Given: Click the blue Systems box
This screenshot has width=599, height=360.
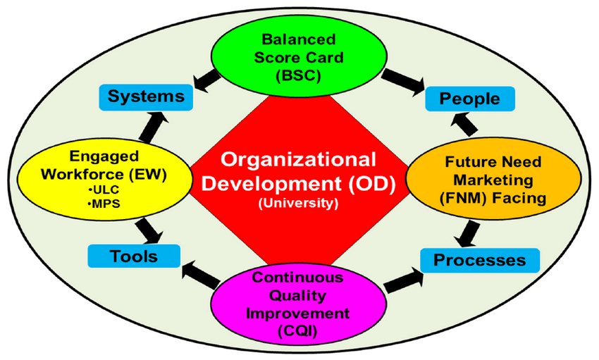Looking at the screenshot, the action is [146, 98].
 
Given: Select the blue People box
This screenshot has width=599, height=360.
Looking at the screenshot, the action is [470, 99].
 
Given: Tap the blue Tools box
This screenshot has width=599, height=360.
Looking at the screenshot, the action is [134, 256].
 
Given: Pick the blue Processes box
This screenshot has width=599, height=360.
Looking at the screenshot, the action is [480, 261].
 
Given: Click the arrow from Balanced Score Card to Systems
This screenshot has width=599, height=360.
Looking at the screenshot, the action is [207, 81].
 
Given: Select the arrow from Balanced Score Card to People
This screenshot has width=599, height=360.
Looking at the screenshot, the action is [403, 81].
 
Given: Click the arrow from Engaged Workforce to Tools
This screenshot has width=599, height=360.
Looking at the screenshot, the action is [149, 230].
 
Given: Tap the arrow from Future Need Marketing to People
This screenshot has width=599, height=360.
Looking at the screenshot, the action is [464, 124].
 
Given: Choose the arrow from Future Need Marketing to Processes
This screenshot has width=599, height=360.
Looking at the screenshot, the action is [468, 234].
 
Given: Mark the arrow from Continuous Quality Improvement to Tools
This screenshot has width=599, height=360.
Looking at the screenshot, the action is [201, 275].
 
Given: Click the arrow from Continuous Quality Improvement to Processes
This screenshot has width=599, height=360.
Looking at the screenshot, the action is [404, 280].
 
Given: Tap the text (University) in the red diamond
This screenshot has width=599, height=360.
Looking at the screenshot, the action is [298, 203].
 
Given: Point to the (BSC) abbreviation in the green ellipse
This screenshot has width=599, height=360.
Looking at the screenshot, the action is [298, 75].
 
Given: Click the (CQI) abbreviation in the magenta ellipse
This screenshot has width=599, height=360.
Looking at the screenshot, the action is [298, 330].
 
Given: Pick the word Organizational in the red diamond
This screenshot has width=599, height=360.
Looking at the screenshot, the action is [298, 160].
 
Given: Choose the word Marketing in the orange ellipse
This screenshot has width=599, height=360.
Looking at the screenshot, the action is [493, 180].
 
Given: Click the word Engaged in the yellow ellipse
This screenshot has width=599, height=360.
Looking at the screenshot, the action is [104, 156].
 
